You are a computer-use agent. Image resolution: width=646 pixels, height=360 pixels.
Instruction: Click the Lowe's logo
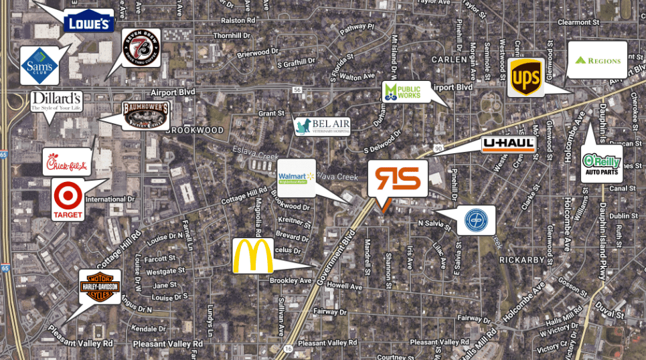[x=88, y=21]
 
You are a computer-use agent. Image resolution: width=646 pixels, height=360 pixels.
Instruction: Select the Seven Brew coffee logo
[x=141, y=48]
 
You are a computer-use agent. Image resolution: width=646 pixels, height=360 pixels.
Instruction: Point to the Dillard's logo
[x=56, y=102]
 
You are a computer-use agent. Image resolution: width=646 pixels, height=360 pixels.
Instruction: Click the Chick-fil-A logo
[x=67, y=161]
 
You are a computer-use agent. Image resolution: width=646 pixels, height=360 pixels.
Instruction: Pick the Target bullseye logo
[x=68, y=199]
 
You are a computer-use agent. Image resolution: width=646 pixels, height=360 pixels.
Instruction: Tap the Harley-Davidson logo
[x=100, y=286]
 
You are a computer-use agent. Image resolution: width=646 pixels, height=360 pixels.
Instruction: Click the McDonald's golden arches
[x=253, y=256]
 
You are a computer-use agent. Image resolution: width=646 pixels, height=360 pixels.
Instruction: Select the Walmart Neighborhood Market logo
[x=296, y=178]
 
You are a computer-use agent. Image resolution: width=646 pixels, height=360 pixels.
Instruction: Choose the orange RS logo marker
[x=398, y=179]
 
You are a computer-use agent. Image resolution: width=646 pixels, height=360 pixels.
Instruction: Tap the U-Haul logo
[x=509, y=145]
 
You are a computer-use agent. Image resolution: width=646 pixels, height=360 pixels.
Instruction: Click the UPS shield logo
[x=526, y=78]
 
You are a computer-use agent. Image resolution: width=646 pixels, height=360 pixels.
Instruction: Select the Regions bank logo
[x=597, y=60]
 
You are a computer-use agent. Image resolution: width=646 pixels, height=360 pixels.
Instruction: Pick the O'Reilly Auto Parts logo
[x=602, y=163]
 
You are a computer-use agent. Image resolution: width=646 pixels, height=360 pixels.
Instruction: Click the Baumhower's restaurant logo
[x=145, y=115]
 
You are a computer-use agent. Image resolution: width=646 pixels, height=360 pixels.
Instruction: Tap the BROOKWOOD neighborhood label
[x=195, y=130]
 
